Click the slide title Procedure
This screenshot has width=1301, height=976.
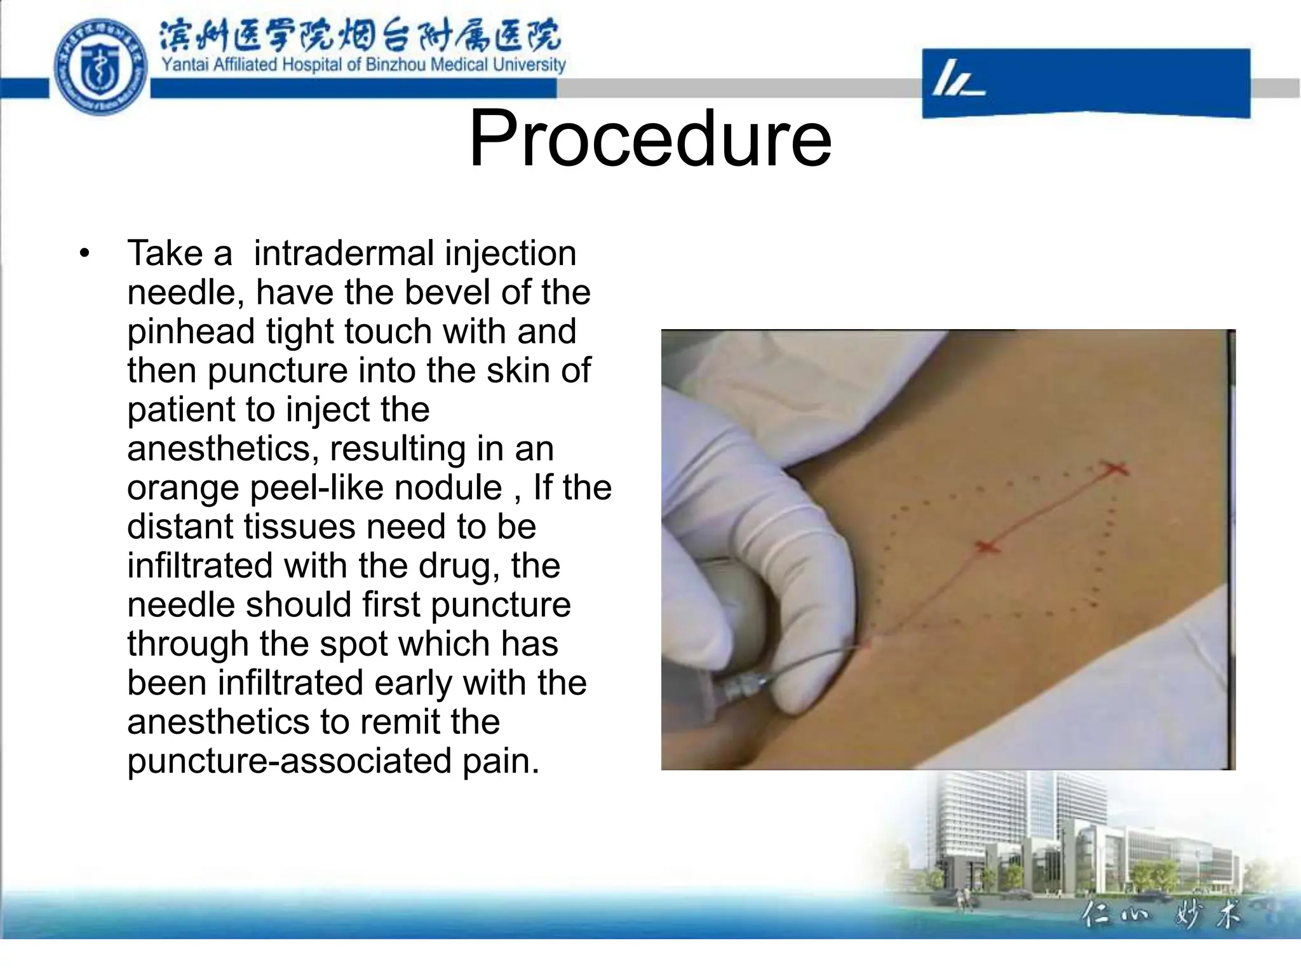tap(650, 139)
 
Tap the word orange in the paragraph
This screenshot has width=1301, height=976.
tap(182, 488)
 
